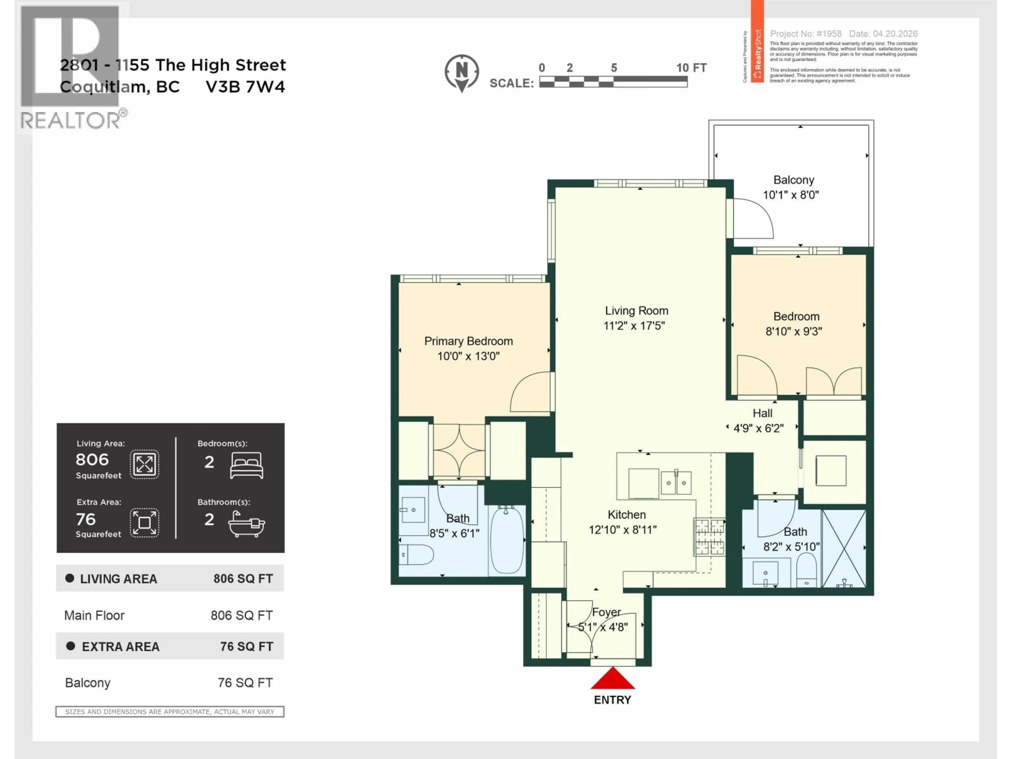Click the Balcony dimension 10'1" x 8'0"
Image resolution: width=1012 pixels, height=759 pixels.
[x=791, y=195]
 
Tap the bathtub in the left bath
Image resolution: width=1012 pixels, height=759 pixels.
[x=507, y=540]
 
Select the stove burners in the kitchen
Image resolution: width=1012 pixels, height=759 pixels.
[x=709, y=537]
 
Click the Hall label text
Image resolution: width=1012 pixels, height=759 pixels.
[x=762, y=413]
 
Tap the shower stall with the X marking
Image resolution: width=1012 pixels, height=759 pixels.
[x=843, y=548]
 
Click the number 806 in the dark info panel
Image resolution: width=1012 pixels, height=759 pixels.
[x=92, y=459]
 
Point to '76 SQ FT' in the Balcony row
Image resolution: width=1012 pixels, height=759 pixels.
[x=245, y=683]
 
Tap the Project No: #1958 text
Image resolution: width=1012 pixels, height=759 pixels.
[x=806, y=34]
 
